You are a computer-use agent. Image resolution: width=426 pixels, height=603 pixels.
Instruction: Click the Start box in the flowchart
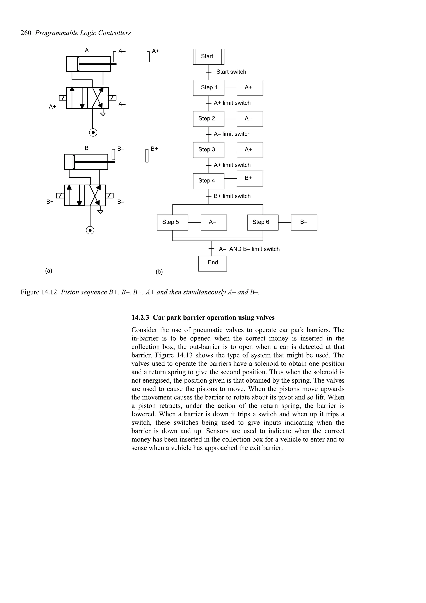click(x=208, y=56)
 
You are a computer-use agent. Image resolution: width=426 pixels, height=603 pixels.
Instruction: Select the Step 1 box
click(x=208, y=88)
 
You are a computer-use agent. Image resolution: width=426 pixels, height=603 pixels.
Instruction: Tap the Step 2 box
click(x=208, y=119)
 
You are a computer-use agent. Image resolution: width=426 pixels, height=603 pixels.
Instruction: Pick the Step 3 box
click(x=208, y=150)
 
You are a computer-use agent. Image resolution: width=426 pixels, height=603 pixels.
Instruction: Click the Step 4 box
click(x=208, y=181)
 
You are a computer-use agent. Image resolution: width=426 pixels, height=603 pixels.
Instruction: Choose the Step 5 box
click(x=172, y=222)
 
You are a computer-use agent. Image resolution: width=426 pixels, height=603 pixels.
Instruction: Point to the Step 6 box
click(x=263, y=222)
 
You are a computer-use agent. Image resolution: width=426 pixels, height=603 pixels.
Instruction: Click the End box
click(x=212, y=264)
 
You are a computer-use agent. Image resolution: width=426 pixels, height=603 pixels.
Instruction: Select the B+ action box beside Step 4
click(x=250, y=178)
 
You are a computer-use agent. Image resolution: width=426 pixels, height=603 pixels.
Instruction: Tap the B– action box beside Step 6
click(x=304, y=222)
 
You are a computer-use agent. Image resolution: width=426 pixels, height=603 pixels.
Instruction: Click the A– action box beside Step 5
click(x=214, y=222)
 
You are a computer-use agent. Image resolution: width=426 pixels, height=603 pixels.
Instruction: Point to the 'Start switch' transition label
click(x=231, y=72)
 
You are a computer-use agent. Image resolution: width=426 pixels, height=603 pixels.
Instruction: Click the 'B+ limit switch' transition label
click(x=232, y=196)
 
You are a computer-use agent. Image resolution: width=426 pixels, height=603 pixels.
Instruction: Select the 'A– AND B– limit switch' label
click(x=249, y=249)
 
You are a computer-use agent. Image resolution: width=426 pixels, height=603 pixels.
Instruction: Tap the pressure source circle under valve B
click(x=90, y=230)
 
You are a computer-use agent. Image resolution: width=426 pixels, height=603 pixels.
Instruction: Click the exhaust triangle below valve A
click(x=103, y=114)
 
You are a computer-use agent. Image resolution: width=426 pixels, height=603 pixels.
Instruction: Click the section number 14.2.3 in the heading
click(x=140, y=318)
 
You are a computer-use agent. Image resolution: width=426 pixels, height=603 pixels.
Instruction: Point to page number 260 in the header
click(x=26, y=33)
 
